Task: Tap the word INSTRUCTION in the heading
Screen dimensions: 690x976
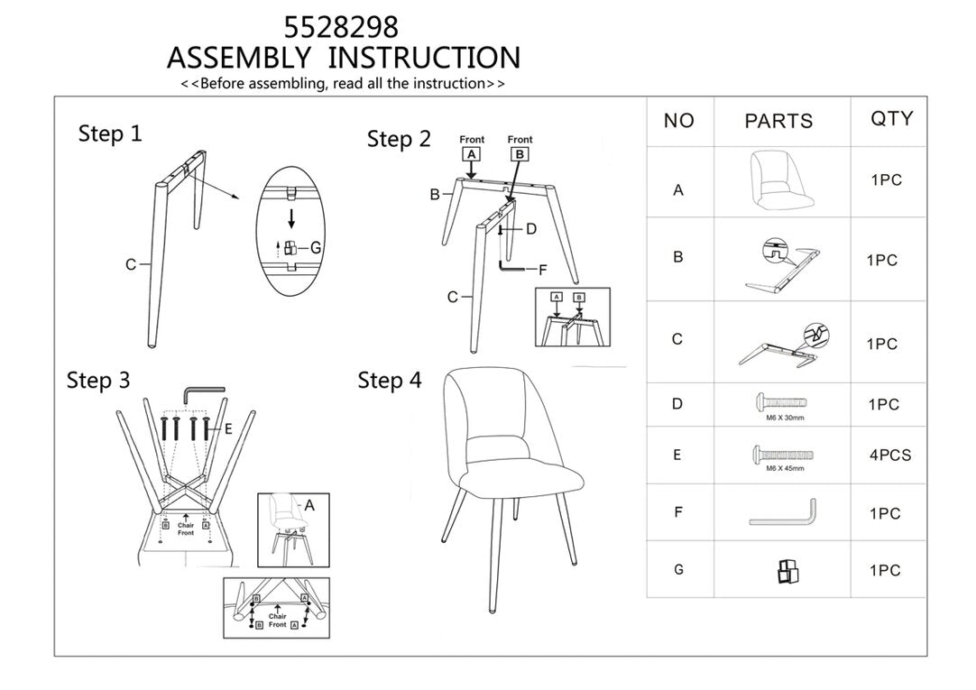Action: click(x=423, y=58)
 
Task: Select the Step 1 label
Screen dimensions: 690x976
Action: click(x=110, y=134)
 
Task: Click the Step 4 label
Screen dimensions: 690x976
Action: click(x=389, y=381)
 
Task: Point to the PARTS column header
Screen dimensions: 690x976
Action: click(x=778, y=121)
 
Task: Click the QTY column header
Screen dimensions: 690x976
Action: click(x=891, y=119)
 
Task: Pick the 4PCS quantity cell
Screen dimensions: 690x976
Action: click(x=889, y=455)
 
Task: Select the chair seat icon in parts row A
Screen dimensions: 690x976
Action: click(x=777, y=180)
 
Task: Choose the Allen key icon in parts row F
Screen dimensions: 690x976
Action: click(x=783, y=514)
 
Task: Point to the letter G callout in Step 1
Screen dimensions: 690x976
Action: click(x=316, y=247)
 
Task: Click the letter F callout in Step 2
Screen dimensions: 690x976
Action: click(x=543, y=269)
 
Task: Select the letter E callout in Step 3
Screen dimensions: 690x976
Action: click(x=228, y=429)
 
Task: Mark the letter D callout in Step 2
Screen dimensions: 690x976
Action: click(x=531, y=229)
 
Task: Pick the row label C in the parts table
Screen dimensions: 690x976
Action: click(x=677, y=340)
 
